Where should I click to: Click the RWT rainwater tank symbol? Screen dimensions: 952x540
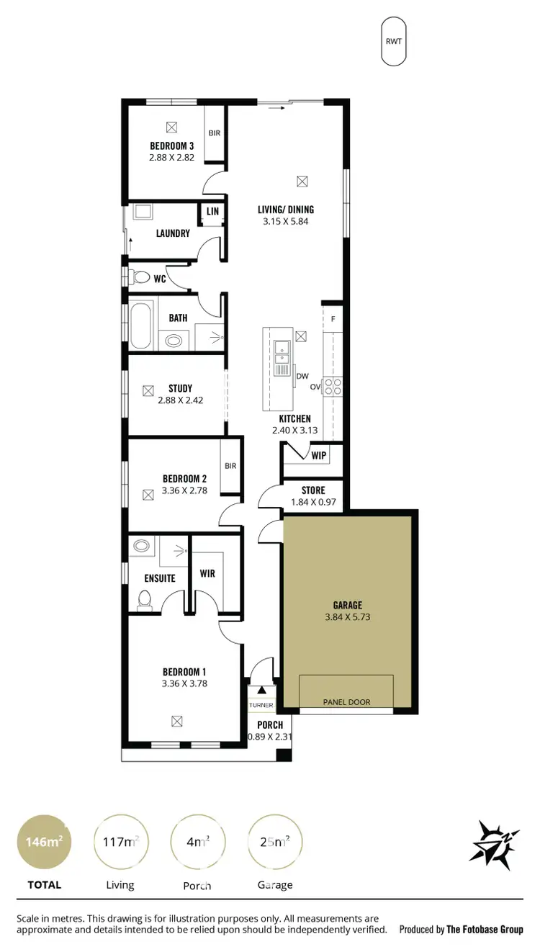(394, 41)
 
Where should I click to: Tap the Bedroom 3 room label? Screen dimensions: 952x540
(171, 145)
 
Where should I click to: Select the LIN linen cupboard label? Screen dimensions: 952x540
(212, 211)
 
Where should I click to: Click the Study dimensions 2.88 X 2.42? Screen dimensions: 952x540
(180, 400)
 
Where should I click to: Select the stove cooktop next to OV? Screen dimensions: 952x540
(332, 387)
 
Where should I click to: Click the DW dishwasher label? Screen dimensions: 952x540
(302, 376)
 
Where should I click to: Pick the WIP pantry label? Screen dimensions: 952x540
(318, 455)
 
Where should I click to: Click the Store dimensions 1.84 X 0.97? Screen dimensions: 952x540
(313, 502)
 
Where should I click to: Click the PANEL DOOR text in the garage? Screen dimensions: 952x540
(346, 701)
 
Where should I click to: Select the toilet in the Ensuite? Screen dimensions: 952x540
(144, 599)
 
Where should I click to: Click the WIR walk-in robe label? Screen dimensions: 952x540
(207, 574)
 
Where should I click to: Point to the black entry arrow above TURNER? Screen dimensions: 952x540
(261, 690)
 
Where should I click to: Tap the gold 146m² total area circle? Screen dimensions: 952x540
(44, 842)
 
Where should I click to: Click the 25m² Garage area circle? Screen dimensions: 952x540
(275, 842)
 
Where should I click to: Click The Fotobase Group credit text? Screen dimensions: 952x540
(484, 930)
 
